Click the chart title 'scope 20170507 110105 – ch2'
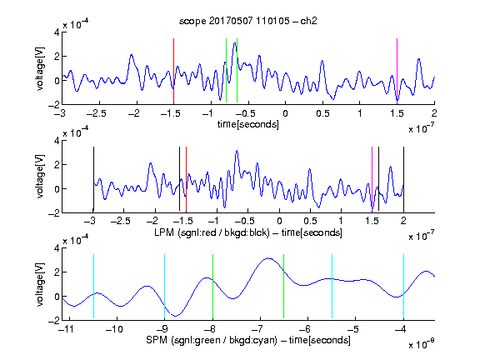(x=248, y=21)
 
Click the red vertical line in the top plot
(x=173, y=72)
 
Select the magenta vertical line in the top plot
(x=397, y=72)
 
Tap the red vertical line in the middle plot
(x=186, y=180)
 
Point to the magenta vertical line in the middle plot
(x=372, y=180)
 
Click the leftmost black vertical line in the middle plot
(x=93, y=180)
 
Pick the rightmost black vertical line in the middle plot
(x=403, y=180)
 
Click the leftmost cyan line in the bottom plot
(x=93, y=286)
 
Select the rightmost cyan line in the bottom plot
(x=403, y=286)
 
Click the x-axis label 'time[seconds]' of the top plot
(x=248, y=124)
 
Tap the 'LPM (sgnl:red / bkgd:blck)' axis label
(x=212, y=232)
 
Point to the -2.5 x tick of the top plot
(x=96, y=113)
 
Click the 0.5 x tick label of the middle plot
(x=310, y=221)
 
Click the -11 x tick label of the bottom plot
(x=67, y=329)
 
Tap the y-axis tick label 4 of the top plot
(x=57, y=32)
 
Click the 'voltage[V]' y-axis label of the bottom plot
(x=40, y=284)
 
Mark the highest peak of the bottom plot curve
(x=268, y=258)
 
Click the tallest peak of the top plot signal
(x=235, y=43)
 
